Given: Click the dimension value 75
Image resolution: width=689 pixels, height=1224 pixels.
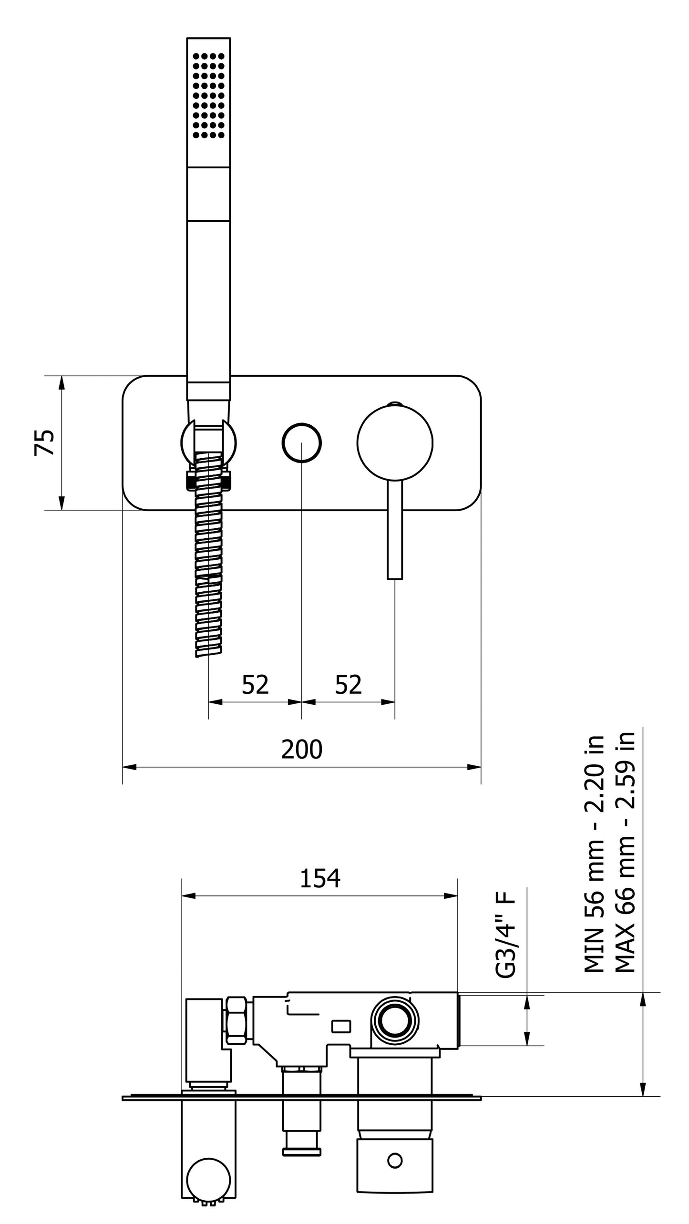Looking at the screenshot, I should click(x=44, y=442).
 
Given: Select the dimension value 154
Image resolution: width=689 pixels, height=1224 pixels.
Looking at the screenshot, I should click(x=320, y=878).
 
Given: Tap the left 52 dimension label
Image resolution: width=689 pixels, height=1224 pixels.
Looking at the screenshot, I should click(x=255, y=685).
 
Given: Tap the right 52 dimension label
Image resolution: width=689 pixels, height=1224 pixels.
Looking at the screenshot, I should click(x=348, y=685).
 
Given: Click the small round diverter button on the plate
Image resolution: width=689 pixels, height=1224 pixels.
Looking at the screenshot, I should click(x=301, y=442).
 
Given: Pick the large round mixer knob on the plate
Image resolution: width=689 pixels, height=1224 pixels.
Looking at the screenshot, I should click(x=395, y=442).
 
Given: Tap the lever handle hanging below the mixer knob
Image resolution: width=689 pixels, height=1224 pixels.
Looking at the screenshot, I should click(x=395, y=529).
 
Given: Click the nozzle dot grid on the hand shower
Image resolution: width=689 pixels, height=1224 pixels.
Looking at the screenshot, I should click(x=208, y=95).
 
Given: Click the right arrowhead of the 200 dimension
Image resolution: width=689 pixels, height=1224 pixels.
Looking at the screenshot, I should click(x=474, y=767).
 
